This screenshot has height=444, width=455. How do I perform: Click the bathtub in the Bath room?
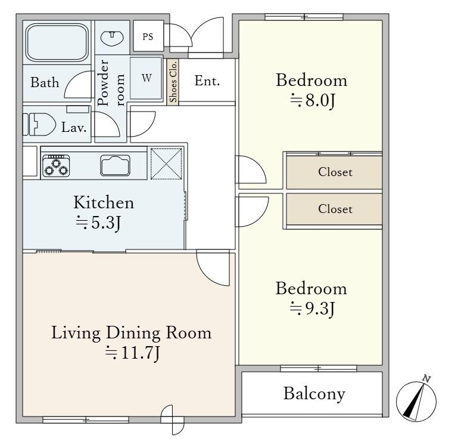click(x=57, y=43)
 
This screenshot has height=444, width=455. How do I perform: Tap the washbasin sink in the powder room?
click(x=112, y=38)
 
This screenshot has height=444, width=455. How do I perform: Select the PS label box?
click(x=148, y=36)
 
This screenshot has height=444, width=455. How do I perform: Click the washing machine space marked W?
click(x=146, y=78)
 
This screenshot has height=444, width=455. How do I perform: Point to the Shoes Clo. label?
click(x=173, y=82)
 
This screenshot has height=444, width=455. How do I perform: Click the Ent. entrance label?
click(x=207, y=81)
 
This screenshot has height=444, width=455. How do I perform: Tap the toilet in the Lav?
click(x=39, y=125)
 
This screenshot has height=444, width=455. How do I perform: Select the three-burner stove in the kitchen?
click(x=56, y=166)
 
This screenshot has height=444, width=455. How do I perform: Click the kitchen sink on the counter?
click(x=115, y=165)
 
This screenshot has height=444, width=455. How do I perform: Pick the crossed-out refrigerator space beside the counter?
click(x=166, y=164)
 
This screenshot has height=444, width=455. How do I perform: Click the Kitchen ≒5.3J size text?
click(x=103, y=212)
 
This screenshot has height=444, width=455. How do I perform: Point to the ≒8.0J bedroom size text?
click(x=313, y=101)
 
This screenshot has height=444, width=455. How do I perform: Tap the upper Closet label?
click(x=335, y=172)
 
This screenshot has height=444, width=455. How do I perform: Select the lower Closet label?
click(x=335, y=209)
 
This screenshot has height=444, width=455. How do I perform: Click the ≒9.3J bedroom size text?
click(x=312, y=309)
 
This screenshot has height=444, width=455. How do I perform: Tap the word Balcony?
click(x=314, y=394)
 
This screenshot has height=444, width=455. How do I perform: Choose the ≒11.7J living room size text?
click(x=132, y=353)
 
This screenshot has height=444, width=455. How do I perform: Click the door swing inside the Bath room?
click(x=79, y=85)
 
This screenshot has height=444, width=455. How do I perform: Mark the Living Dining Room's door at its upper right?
click(x=213, y=267)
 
